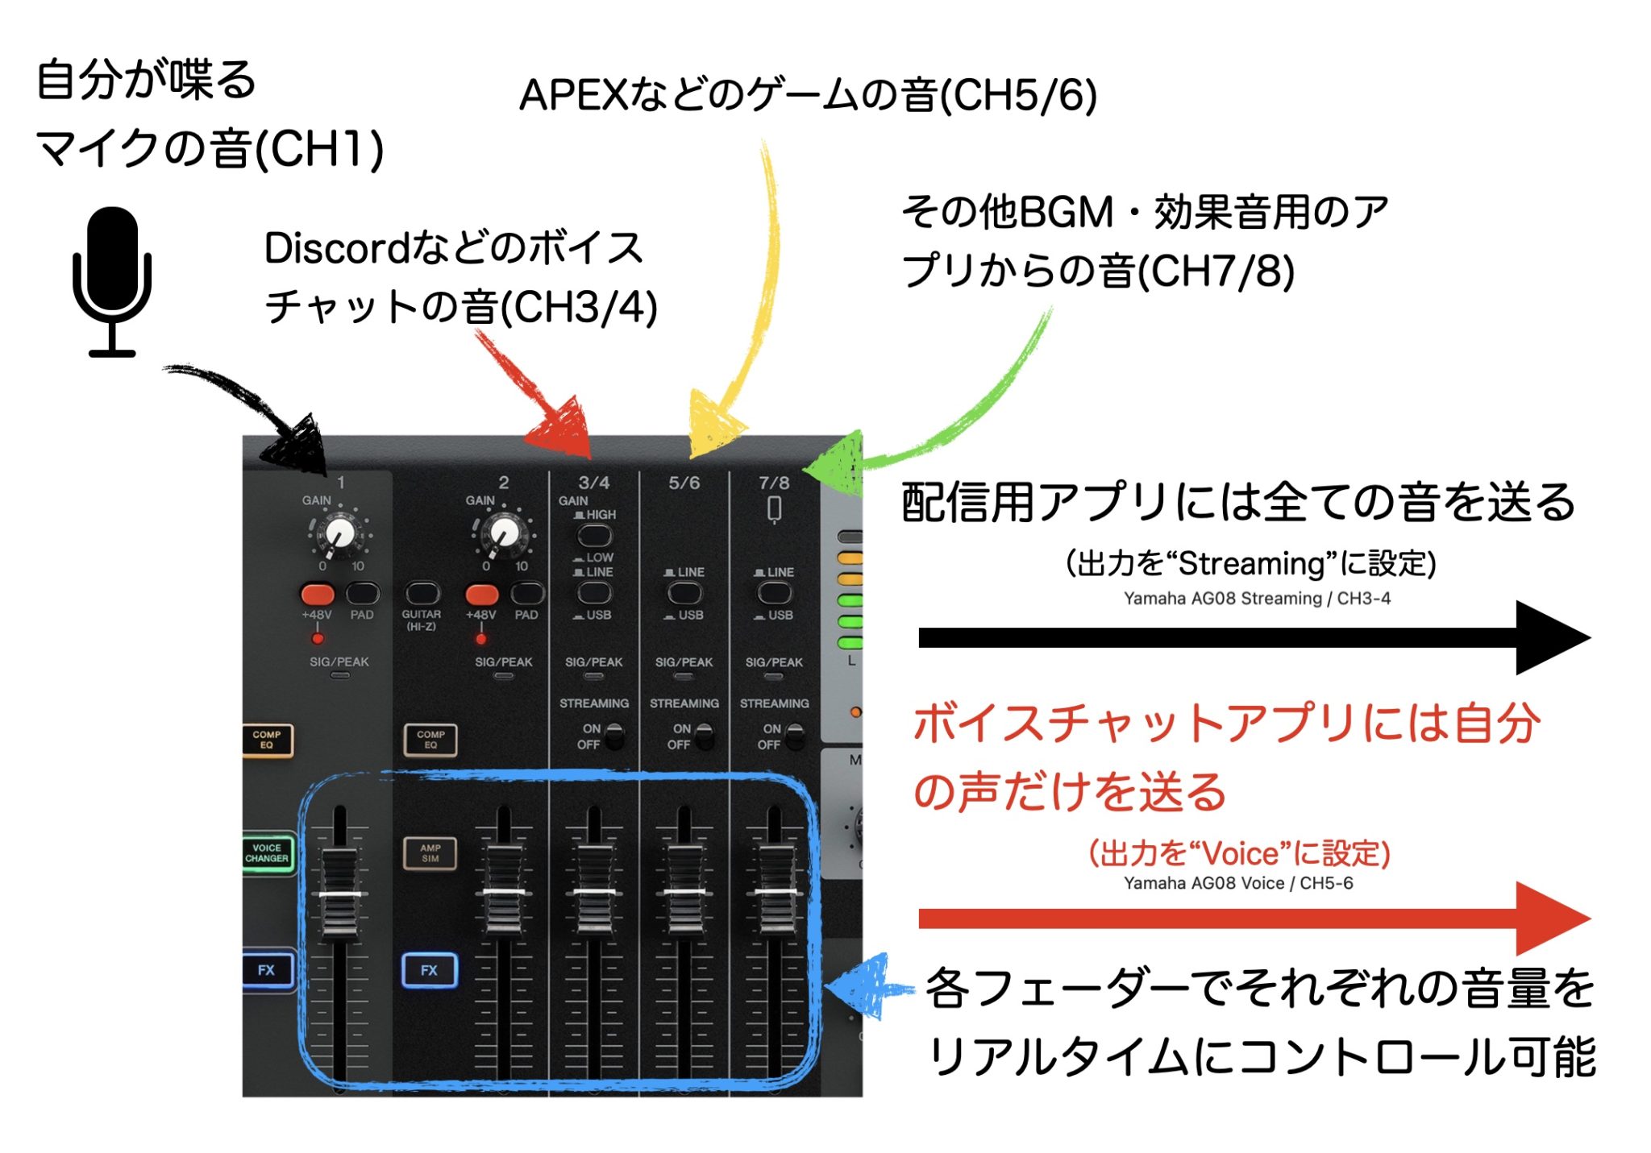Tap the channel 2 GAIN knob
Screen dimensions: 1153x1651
(505, 533)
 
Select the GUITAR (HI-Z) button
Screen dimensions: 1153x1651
(422, 594)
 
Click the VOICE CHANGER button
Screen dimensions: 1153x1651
(267, 853)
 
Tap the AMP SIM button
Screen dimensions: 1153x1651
(430, 853)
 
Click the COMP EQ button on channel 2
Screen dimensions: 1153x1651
(430, 739)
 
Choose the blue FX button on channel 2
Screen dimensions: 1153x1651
(429, 970)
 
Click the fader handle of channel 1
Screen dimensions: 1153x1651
(339, 894)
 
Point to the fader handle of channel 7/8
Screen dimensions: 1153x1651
(775, 891)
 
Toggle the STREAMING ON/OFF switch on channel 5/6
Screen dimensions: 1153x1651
(703, 736)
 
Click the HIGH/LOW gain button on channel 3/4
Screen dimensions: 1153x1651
(594, 536)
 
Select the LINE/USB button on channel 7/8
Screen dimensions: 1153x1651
(774, 593)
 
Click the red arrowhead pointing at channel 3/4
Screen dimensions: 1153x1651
(560, 428)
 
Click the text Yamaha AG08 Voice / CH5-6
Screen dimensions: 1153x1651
(1237, 883)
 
